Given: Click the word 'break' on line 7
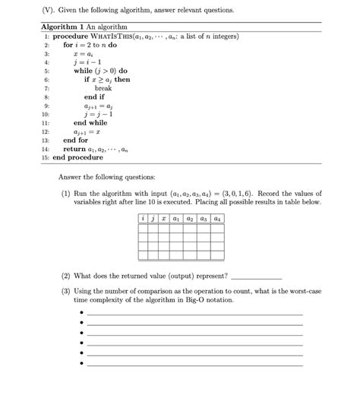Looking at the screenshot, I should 104,88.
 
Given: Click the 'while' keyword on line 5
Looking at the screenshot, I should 83,71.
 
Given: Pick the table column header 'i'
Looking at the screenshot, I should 143,218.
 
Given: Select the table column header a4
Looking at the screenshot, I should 217,218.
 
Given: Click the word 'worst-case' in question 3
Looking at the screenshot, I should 302,291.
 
